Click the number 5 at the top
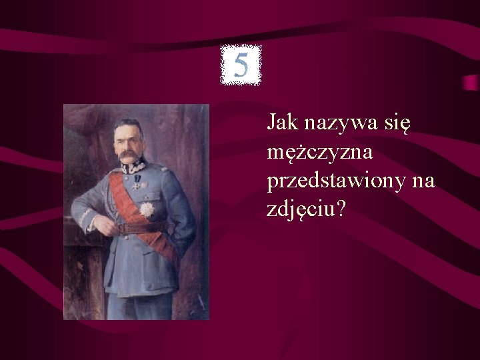[241, 65]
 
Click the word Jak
[282, 123]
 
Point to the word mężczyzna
[319, 153]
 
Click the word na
[423, 181]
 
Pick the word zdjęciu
[301, 211]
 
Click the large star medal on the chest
[146, 209]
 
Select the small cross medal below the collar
[136, 185]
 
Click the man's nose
[127, 147]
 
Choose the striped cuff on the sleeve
[86, 217]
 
